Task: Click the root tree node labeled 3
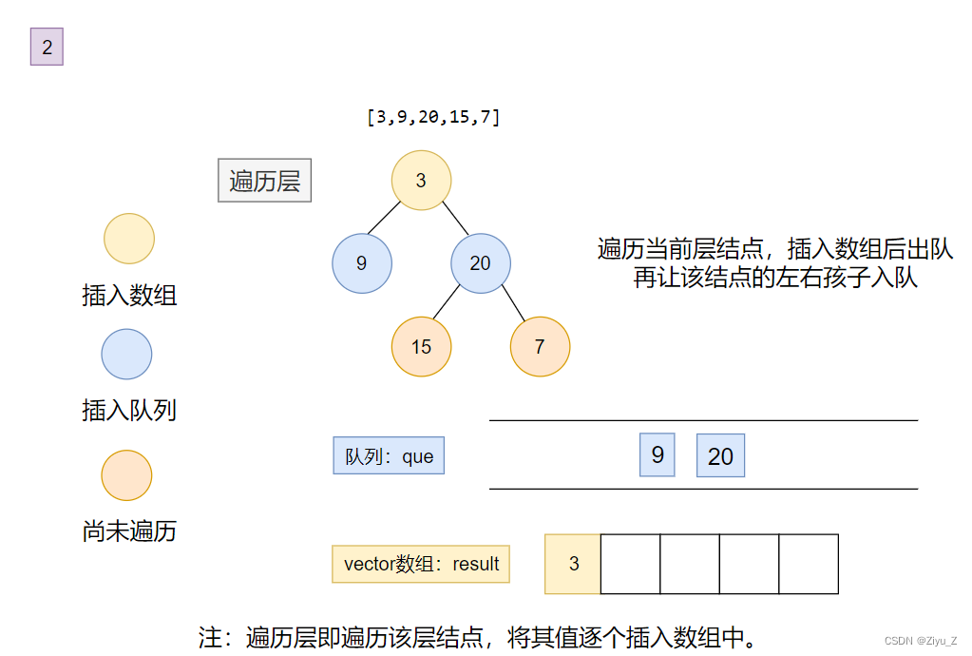tap(421, 180)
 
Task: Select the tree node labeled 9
tap(361, 262)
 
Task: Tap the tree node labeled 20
tap(481, 262)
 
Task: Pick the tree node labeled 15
tap(421, 346)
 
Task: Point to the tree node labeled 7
tap(540, 346)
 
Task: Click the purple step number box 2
tap(47, 48)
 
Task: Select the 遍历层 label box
tap(264, 180)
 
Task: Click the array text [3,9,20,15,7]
tap(433, 117)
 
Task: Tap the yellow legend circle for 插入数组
tap(128, 238)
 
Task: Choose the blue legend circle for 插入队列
tap(127, 354)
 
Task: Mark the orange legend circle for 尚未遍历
tap(127, 474)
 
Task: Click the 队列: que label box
tap(389, 455)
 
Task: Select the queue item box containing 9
tap(658, 454)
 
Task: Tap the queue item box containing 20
tap(720, 455)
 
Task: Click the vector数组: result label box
tap(421, 564)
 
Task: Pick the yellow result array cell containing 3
tap(573, 564)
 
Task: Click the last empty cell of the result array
tap(809, 564)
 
